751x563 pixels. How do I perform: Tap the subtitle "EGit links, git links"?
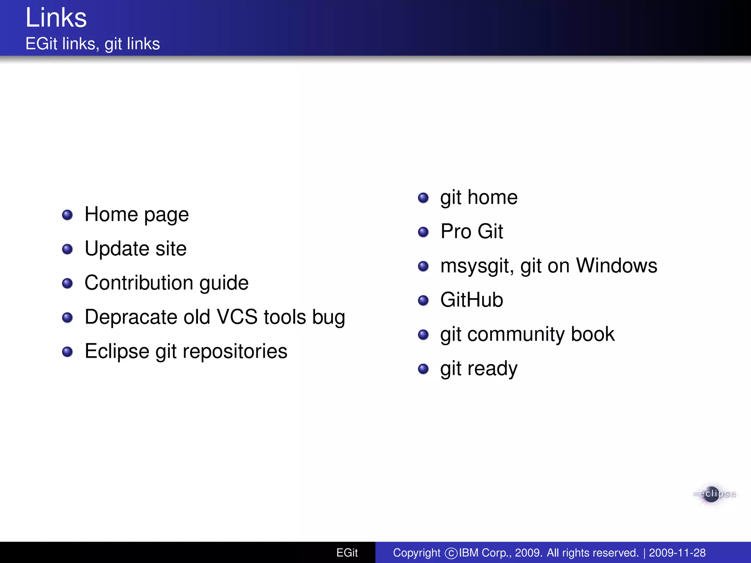coord(92,44)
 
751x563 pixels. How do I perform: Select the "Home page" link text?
coord(136,214)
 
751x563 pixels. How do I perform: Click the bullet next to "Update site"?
coord(67,249)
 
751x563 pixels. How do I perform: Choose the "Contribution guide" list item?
coord(166,283)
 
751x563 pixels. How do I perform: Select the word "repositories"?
coord(235,351)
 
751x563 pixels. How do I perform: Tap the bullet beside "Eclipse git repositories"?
coord(67,352)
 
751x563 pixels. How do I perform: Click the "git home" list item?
coord(479,198)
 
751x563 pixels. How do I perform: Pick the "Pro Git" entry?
coord(472,231)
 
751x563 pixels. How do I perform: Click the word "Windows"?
coord(616,265)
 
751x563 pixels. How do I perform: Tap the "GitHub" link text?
coord(472,300)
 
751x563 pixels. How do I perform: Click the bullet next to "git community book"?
coord(423,335)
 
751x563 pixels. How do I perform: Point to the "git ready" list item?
coord(479,368)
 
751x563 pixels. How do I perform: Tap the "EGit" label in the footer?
coord(347,553)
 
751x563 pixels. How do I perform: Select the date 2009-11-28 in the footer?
coord(677,553)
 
